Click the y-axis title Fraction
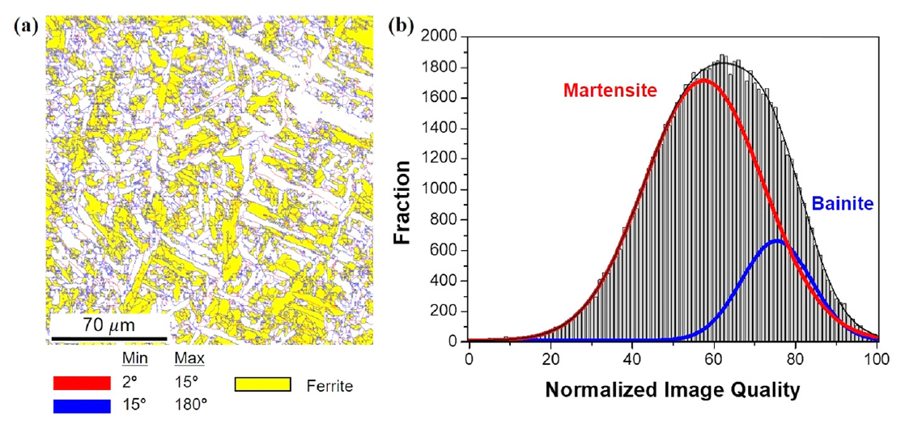coord(407,192)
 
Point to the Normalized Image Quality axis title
coord(673,390)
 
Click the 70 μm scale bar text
coord(108,326)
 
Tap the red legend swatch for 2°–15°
coord(80,383)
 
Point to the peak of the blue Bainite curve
coord(776,240)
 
